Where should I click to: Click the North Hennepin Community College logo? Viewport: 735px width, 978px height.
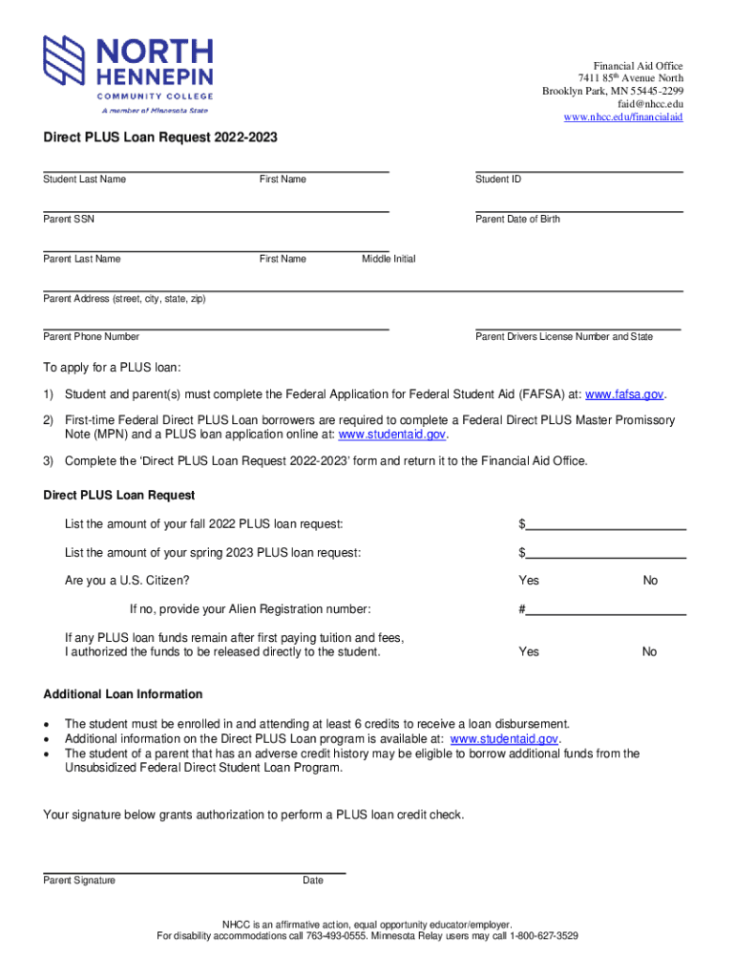coord(128,74)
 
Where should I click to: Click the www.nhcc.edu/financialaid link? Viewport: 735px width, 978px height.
coord(623,117)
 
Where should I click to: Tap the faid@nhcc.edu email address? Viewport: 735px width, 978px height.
coord(650,104)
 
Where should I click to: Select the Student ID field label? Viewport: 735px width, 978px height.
coord(498,180)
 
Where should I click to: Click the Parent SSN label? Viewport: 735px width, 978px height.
coord(69,220)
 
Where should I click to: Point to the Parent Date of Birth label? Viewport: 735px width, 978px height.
coord(517,220)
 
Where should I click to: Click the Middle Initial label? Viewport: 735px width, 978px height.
coord(388,259)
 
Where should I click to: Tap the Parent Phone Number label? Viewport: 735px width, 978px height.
coord(92,337)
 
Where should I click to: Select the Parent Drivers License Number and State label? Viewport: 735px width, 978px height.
coord(564,337)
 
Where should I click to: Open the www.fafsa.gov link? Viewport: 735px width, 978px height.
coord(623,394)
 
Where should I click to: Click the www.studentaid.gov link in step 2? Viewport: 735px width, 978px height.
coord(392,435)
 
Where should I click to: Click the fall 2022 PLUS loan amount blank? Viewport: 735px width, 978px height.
coord(606,524)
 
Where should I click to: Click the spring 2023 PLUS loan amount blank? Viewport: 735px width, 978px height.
coord(606,553)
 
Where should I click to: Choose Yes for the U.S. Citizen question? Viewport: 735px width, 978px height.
coord(529,581)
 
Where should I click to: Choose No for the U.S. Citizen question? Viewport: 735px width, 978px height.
coord(650,581)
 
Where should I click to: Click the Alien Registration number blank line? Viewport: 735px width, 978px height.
coord(606,610)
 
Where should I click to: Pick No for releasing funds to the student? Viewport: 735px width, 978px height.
coord(649,651)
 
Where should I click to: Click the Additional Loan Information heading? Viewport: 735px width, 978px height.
coord(123,694)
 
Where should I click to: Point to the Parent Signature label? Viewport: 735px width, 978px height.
coord(79,881)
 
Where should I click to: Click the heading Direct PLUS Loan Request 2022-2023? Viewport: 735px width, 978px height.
coord(160,138)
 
